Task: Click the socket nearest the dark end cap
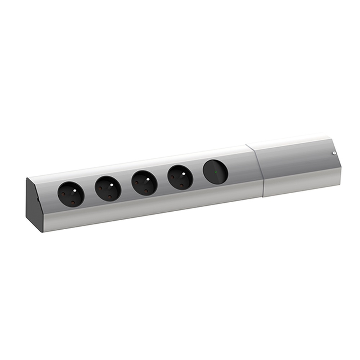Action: (x=71, y=194)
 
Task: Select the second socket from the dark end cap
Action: (x=108, y=189)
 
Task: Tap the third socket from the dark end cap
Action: (x=144, y=183)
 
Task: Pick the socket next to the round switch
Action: (x=180, y=177)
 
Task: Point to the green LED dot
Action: (x=216, y=172)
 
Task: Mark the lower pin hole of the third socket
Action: (x=146, y=192)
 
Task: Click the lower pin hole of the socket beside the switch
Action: (x=182, y=186)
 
